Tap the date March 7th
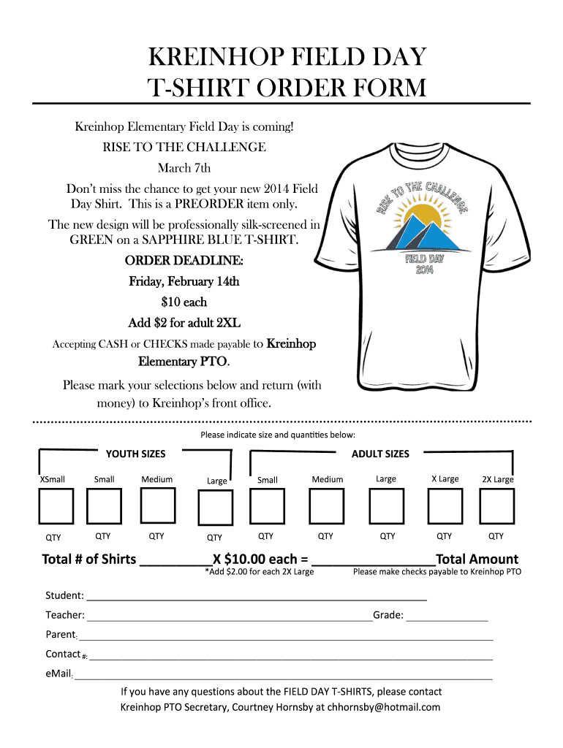pos(184,168)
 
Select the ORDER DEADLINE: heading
pos(184,261)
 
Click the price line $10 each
pos(184,302)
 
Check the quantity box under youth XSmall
pos(56,506)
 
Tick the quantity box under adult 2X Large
pos(497,506)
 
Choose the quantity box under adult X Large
pos(445,506)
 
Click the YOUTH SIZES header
pos(136,454)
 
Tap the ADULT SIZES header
pos(380,454)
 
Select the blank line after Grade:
pos(447,617)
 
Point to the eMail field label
pos(58,673)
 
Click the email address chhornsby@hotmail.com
pos(384,706)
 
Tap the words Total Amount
pos(477,559)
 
